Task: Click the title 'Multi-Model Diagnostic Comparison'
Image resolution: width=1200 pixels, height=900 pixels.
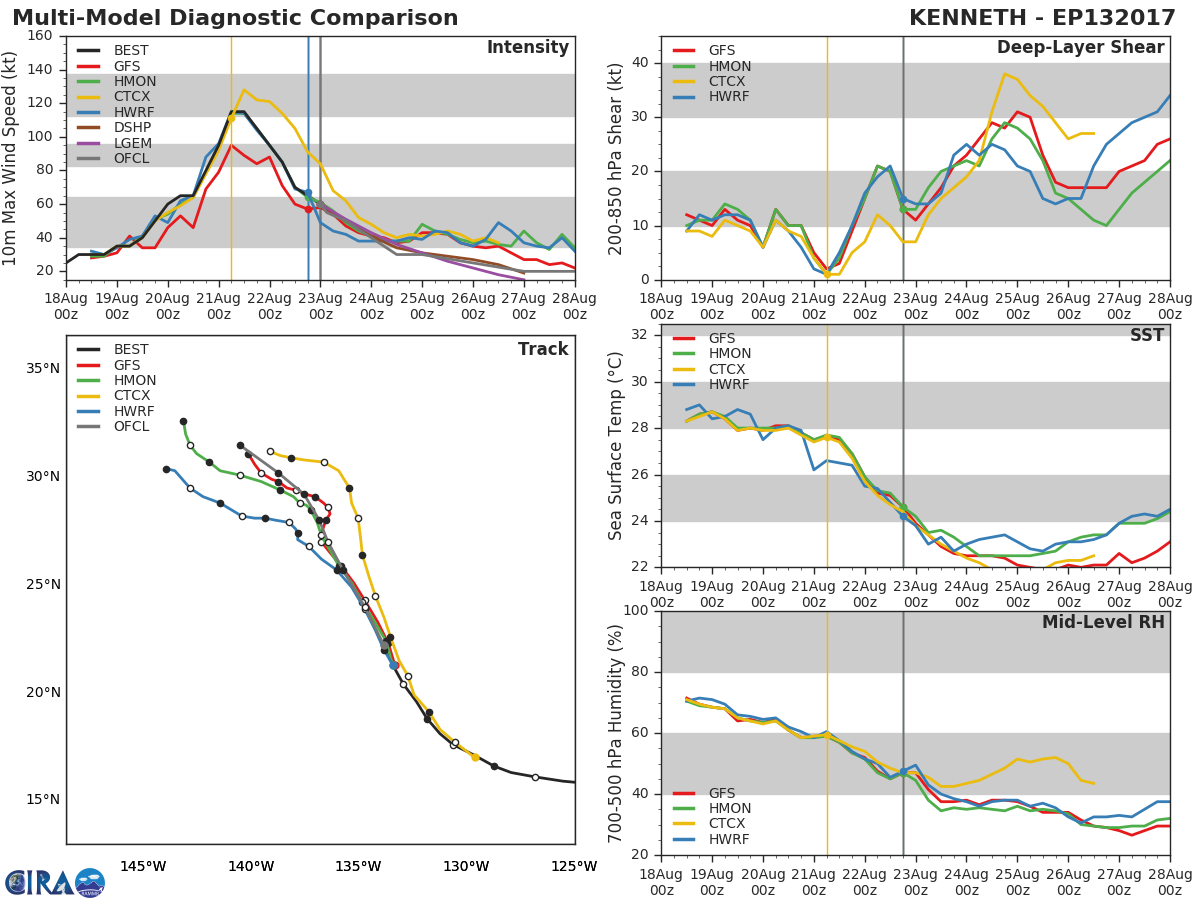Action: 235,18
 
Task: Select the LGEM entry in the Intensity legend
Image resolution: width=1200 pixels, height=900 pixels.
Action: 132,143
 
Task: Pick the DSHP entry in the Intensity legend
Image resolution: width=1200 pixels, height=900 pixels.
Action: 132,128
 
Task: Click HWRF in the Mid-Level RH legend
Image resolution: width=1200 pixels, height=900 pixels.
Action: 729,840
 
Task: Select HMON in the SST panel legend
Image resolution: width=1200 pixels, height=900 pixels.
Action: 729,354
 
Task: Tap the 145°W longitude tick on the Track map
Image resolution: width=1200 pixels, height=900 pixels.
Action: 143,865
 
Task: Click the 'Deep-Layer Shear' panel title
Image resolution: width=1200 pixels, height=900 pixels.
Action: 1080,48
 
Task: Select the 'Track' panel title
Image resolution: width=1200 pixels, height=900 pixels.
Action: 542,349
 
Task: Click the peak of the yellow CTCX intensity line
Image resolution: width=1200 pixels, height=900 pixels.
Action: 244,90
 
